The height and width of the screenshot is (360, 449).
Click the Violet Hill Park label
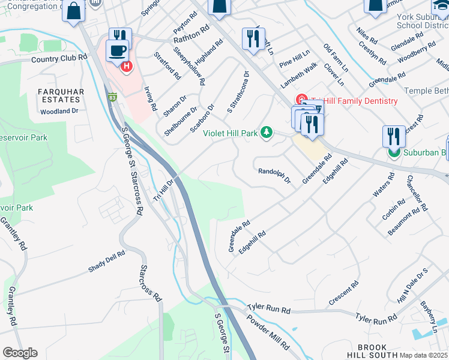pyautogui.click(x=230, y=133)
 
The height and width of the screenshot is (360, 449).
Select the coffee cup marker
pyautogui.click(x=116, y=50)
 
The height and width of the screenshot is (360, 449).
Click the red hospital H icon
pyautogui.click(x=126, y=66)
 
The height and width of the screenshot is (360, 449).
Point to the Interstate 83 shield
pyautogui.click(x=112, y=96)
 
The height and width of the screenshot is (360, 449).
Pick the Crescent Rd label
pyautogui.click(x=343, y=292)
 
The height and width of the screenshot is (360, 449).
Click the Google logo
pyautogui.click(x=20, y=353)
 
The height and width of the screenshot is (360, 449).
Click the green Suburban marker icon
pyautogui.click(x=394, y=153)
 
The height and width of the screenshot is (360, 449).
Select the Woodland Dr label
pyautogui.click(x=59, y=111)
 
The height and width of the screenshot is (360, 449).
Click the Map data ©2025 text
pyautogui.click(x=423, y=355)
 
